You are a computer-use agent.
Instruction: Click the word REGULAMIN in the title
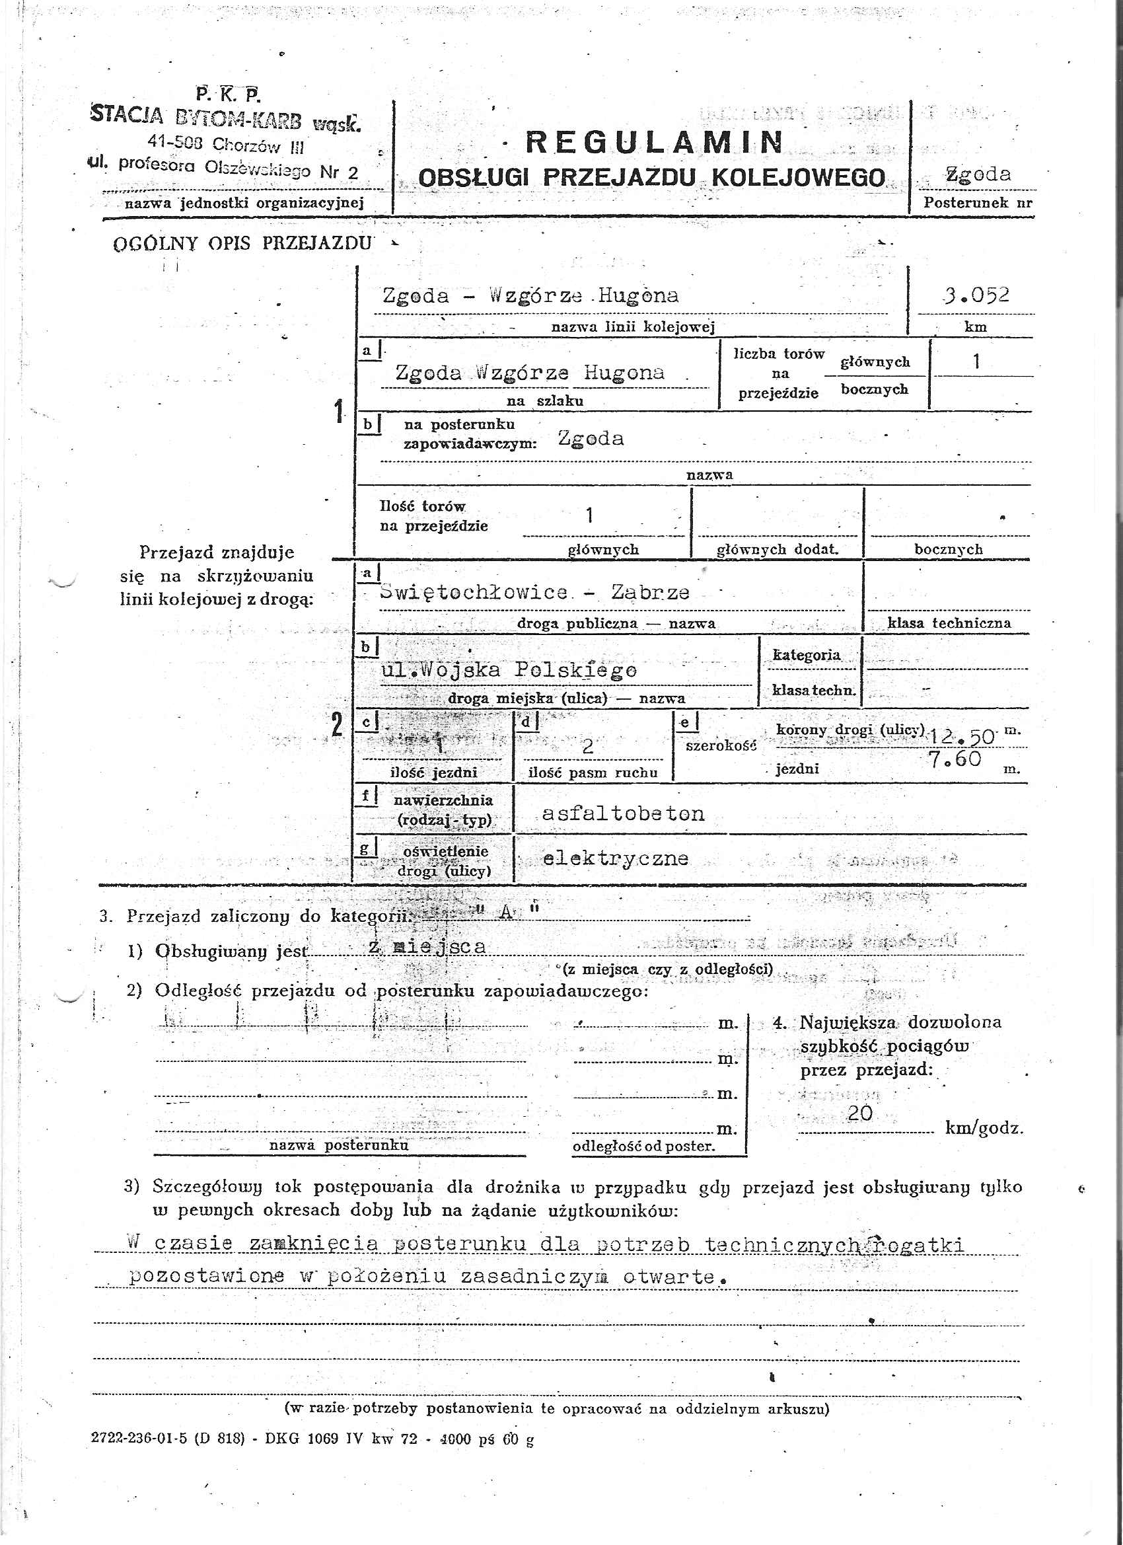coord(655,141)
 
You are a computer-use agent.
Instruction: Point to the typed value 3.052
coord(976,295)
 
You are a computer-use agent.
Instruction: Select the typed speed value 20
coord(860,1113)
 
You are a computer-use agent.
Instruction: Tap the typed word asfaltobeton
coord(622,813)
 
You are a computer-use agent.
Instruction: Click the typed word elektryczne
coord(615,858)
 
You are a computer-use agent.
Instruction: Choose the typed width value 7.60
coord(955,759)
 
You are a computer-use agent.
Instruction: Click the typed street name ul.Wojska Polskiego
coord(509,670)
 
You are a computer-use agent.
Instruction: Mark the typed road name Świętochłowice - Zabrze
coord(534,592)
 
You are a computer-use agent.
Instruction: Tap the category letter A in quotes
coord(506,912)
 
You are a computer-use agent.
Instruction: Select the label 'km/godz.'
coord(984,1128)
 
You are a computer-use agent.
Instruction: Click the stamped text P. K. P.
coord(228,93)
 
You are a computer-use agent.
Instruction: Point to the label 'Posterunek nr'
coord(977,203)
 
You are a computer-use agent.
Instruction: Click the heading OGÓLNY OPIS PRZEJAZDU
coord(242,243)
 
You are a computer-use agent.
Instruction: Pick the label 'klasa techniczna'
coord(949,622)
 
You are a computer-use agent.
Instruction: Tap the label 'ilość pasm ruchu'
coord(593,772)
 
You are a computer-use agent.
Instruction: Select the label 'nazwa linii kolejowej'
coord(633,328)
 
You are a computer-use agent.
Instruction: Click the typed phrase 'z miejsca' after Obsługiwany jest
coord(427,947)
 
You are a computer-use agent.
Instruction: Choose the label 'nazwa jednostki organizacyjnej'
coord(244,203)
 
